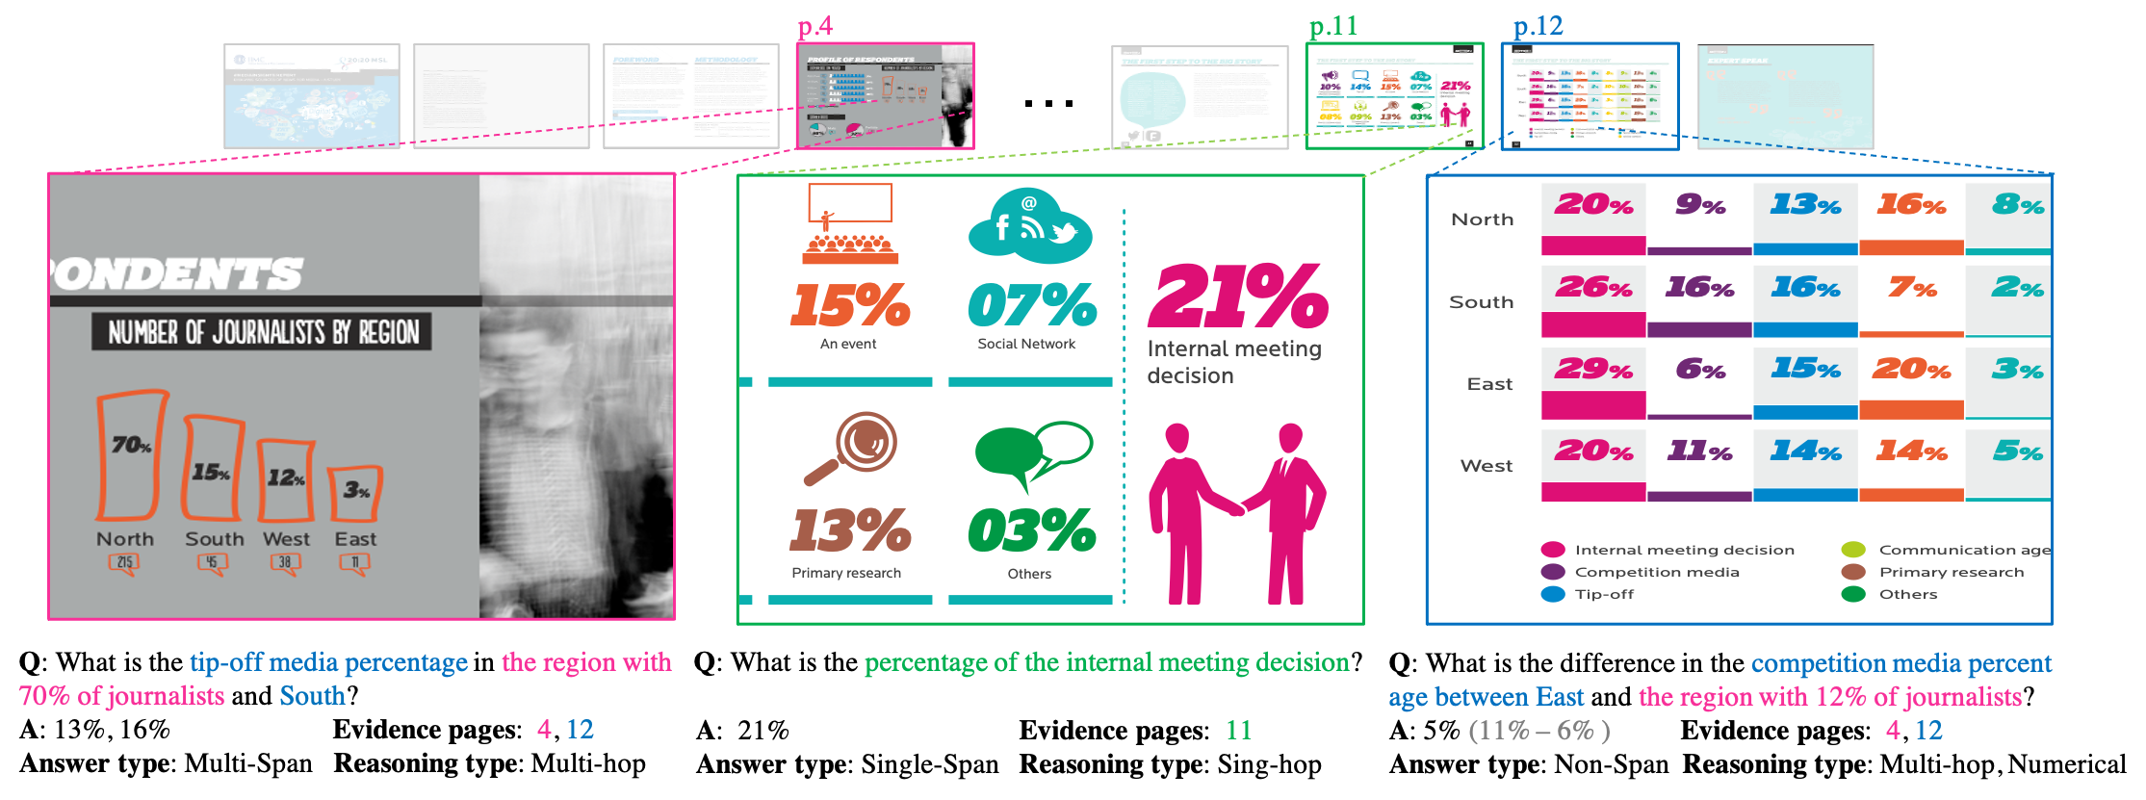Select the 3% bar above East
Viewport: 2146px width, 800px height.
point(355,493)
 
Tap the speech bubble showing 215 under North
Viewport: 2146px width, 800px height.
point(124,563)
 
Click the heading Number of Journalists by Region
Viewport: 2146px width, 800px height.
point(262,332)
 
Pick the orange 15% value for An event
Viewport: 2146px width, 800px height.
point(849,305)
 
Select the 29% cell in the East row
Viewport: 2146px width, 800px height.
point(1593,370)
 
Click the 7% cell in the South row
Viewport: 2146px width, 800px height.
point(1911,288)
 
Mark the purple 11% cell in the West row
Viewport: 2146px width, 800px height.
point(1699,452)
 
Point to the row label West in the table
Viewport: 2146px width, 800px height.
point(1486,466)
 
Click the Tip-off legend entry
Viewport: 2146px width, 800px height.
point(1604,595)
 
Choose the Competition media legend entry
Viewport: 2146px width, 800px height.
point(1656,572)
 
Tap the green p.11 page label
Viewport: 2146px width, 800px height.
point(1333,27)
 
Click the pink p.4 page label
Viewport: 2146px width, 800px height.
point(814,27)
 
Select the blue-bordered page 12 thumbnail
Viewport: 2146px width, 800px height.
point(1590,95)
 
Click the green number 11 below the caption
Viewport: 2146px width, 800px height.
point(1238,731)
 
